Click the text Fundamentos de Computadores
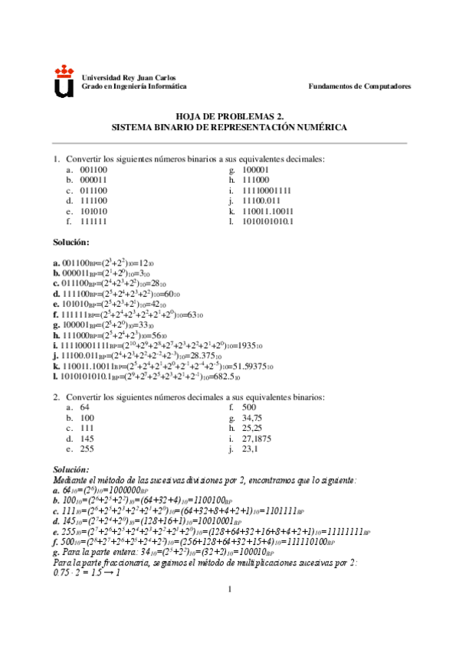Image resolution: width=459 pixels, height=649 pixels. [x=359, y=86]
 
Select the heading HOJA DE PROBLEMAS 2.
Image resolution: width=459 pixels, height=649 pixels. [x=229, y=116]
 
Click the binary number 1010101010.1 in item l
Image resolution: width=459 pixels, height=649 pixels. [x=267, y=221]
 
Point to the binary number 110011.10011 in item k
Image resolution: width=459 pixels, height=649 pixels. [x=268, y=210]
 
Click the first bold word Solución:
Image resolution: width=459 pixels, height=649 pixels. [x=71, y=242]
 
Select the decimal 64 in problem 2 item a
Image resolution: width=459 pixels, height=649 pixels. [x=84, y=407]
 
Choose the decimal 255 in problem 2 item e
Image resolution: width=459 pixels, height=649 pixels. [x=87, y=448]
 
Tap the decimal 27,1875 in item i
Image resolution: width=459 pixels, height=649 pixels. [x=258, y=439]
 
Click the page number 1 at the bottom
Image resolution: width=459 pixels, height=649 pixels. [x=229, y=610]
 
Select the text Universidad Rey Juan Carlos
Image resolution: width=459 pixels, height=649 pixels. [x=128, y=78]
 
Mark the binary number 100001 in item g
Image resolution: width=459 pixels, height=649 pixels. [x=255, y=169]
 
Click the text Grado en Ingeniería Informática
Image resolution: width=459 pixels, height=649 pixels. [x=134, y=86]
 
